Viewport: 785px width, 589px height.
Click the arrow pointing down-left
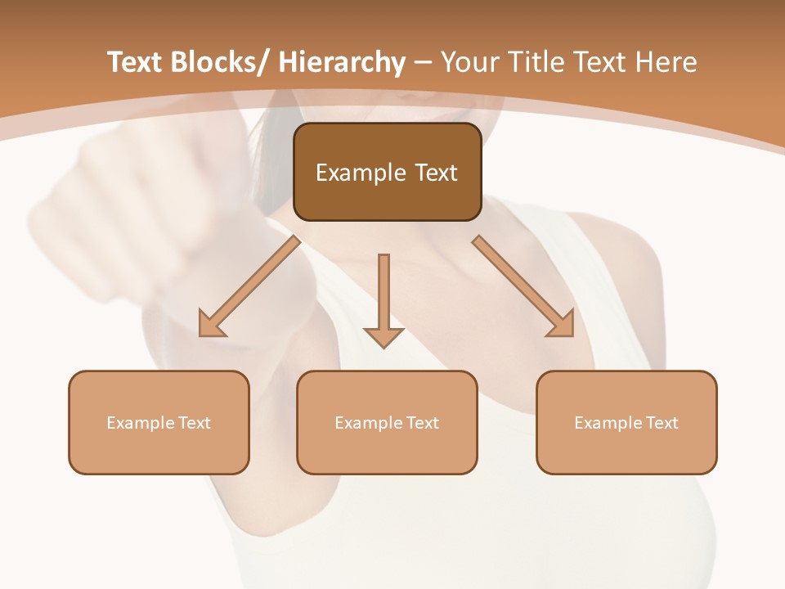(249, 287)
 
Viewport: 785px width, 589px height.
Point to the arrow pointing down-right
(523, 287)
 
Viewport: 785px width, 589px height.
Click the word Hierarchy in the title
(342, 63)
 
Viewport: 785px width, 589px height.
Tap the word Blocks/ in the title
(222, 63)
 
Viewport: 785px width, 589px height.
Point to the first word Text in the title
(137, 63)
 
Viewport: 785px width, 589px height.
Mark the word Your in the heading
(469, 63)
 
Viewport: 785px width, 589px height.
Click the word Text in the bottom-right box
(661, 423)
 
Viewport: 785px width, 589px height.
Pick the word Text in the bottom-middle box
(421, 423)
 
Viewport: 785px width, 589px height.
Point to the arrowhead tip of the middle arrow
(384, 347)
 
